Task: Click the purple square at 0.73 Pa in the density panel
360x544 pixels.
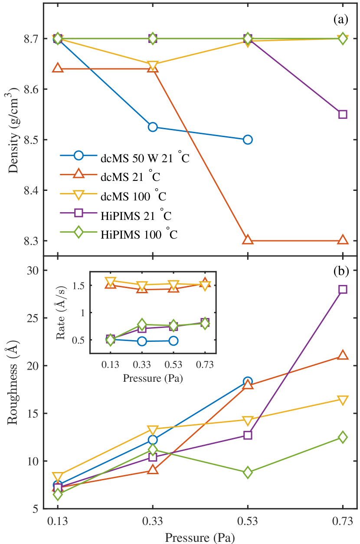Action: (343, 115)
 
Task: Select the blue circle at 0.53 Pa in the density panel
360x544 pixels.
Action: (248, 140)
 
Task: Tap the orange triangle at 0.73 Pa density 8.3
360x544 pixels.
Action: (343, 240)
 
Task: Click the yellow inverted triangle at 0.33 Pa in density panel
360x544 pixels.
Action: (153, 65)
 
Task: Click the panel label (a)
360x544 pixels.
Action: (340, 19)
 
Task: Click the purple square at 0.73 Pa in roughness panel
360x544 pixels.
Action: (343, 289)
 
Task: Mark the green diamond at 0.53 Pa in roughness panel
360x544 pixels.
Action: (248, 472)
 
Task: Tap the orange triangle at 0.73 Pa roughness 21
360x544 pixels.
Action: (343, 355)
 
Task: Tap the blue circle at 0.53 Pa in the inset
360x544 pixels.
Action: (173, 341)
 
